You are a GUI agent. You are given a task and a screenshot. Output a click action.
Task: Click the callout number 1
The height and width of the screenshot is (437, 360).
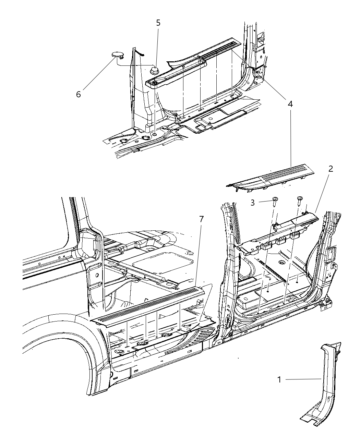click(279, 379)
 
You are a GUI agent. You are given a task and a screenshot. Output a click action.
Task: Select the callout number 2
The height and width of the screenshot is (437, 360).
click(331, 169)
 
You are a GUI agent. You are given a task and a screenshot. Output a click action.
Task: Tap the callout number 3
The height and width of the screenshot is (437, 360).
click(253, 203)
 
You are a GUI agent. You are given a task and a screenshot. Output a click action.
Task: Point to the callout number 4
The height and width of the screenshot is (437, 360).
click(290, 104)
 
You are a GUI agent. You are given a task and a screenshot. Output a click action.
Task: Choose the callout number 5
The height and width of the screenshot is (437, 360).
click(158, 23)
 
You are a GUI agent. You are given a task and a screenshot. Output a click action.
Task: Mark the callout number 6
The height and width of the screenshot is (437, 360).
click(79, 95)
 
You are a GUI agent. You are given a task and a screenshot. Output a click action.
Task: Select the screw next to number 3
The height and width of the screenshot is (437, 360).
click(275, 201)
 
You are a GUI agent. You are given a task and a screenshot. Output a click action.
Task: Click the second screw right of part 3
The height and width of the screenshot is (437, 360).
click(300, 200)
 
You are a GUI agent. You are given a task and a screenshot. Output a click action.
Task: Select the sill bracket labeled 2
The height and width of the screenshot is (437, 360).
click(281, 233)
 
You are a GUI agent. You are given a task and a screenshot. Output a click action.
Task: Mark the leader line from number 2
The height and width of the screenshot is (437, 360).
click(322, 192)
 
